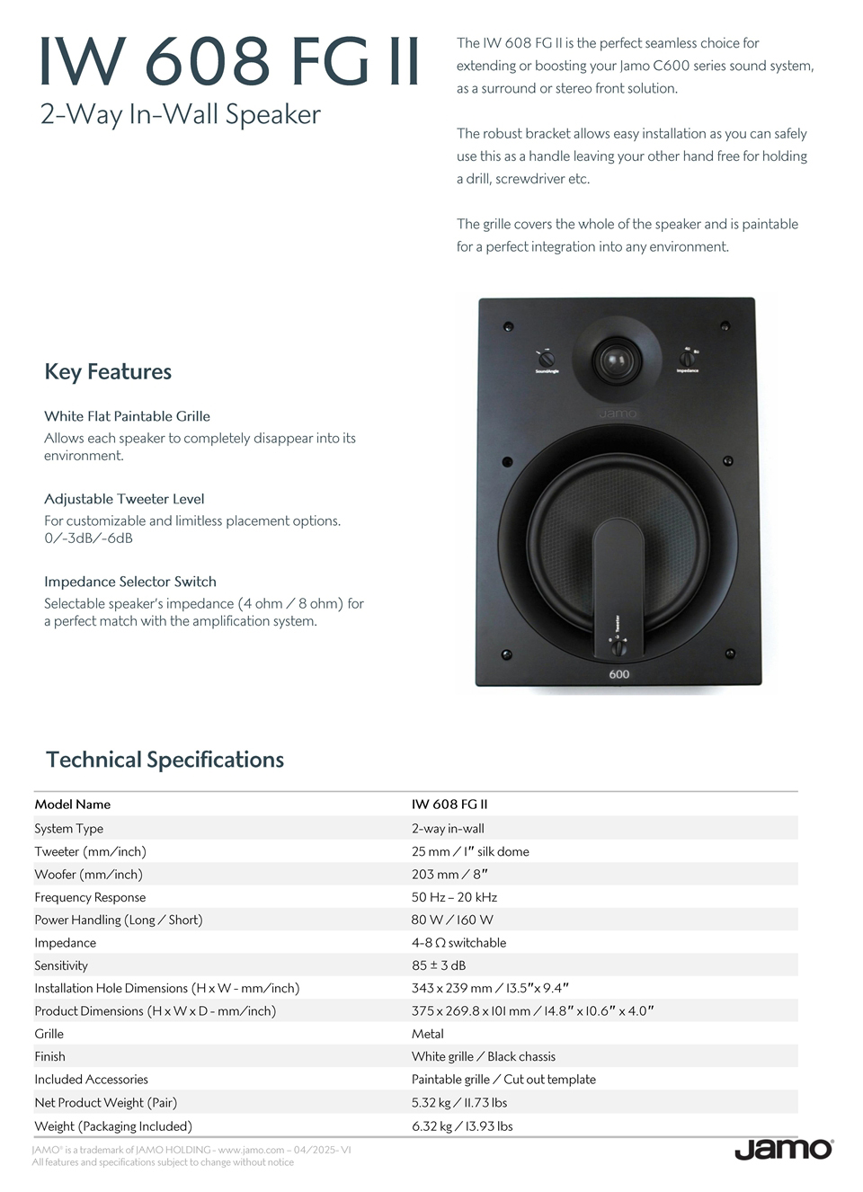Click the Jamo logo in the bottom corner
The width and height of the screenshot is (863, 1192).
(783, 1150)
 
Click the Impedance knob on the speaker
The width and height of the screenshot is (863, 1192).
(687, 359)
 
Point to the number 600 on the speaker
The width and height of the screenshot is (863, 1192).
(619, 673)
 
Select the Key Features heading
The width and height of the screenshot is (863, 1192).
(108, 372)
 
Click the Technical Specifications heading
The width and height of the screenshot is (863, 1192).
(165, 760)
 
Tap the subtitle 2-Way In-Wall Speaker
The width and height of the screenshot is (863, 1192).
(181, 115)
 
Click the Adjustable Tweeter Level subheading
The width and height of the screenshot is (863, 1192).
(124, 499)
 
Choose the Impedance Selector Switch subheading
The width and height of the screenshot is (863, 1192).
(130, 582)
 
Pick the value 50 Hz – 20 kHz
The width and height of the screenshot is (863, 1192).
(454, 897)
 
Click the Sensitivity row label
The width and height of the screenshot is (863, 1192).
(61, 965)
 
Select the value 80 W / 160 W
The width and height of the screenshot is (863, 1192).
(452, 920)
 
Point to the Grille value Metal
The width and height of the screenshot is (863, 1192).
(428, 1034)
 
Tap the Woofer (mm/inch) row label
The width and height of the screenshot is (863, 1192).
(88, 874)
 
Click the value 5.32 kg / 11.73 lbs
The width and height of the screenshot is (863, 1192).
(459, 1102)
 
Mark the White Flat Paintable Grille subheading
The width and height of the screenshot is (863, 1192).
(127, 416)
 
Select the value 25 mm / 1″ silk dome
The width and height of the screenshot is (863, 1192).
(470, 851)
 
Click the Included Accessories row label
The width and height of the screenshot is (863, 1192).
(91, 1079)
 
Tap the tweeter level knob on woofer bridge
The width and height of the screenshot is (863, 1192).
(618, 645)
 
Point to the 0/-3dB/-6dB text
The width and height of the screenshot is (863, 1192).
(88, 538)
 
